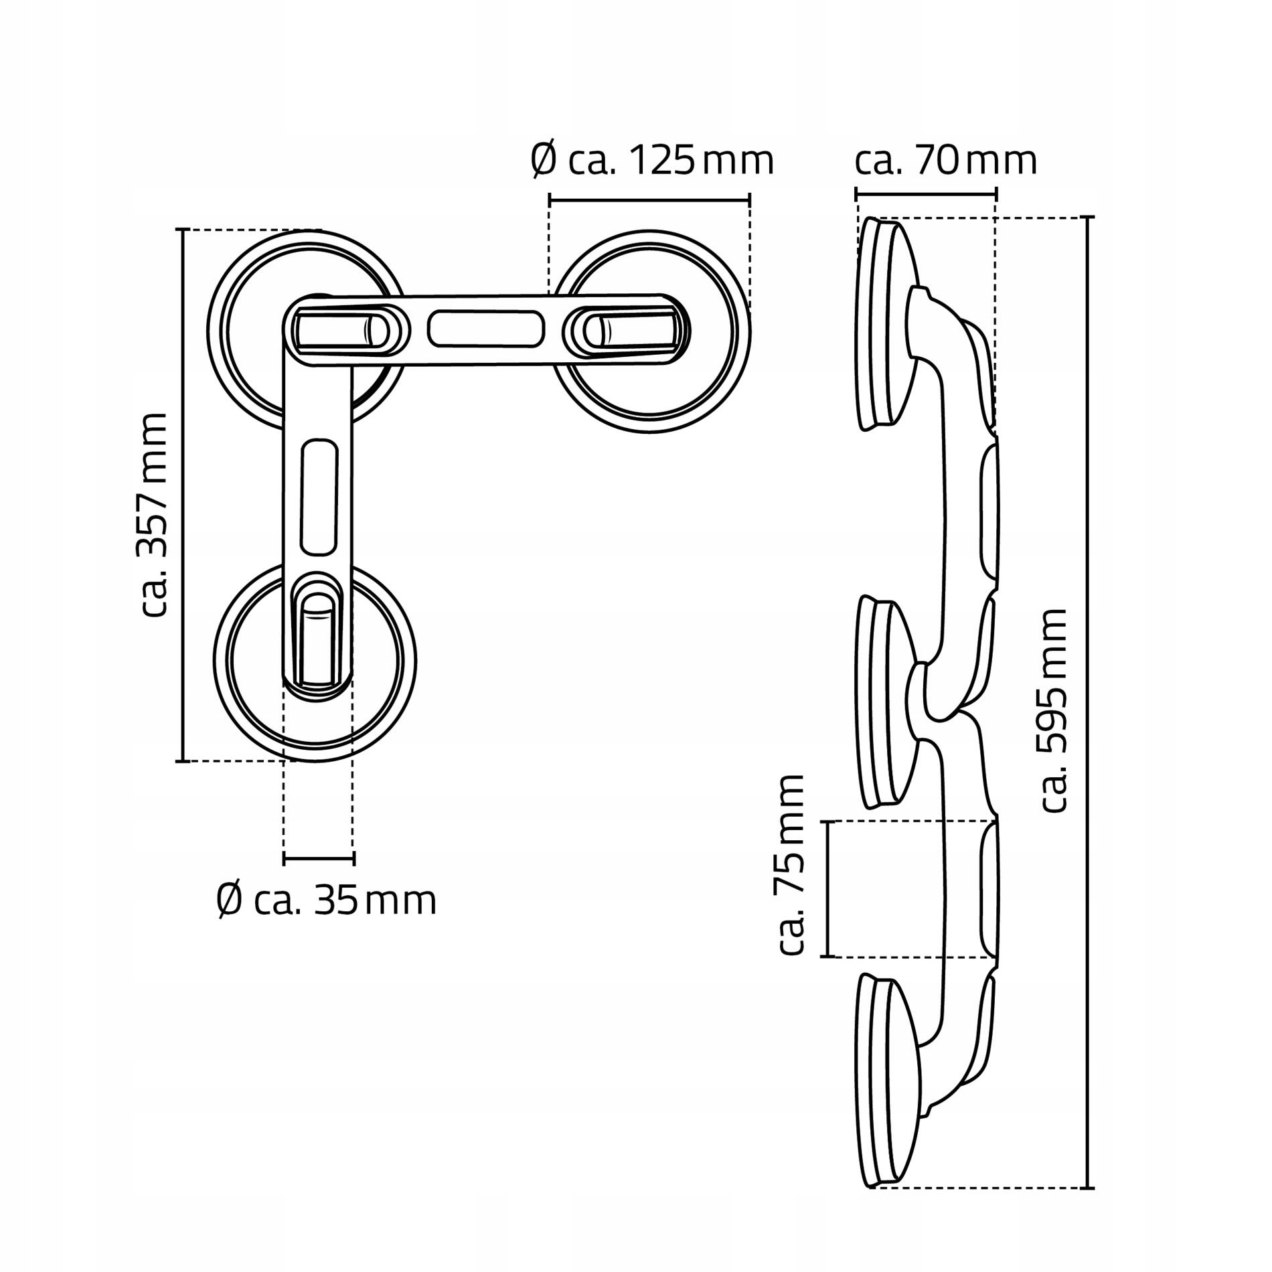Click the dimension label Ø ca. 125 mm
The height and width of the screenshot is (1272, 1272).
pyautogui.click(x=652, y=161)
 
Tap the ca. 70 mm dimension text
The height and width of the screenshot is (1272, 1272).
pyautogui.click(x=945, y=161)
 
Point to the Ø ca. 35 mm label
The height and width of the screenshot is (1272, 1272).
pyautogui.click(x=327, y=901)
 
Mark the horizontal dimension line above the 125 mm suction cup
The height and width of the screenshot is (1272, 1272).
pyautogui.click(x=649, y=199)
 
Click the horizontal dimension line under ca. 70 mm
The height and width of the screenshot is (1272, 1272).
pyautogui.click(x=927, y=194)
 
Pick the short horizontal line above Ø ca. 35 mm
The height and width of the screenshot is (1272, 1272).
pyautogui.click(x=319, y=859)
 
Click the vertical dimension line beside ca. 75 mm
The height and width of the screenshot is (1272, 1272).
pyautogui.click(x=829, y=888)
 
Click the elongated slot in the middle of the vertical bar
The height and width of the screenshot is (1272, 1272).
pyautogui.click(x=319, y=497)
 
